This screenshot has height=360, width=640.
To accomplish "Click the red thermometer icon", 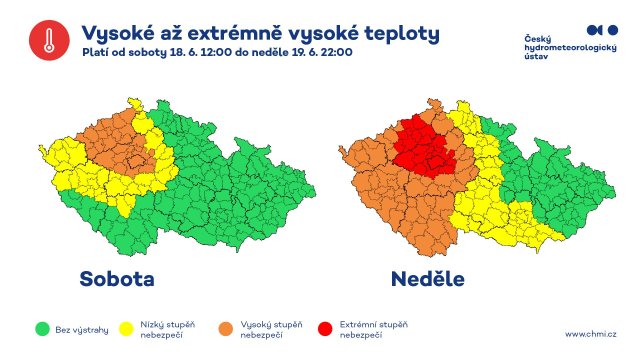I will click(x=46, y=40).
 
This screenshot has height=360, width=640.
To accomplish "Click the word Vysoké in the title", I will click(x=119, y=32).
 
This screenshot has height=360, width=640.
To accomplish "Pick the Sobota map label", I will click(x=118, y=277).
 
